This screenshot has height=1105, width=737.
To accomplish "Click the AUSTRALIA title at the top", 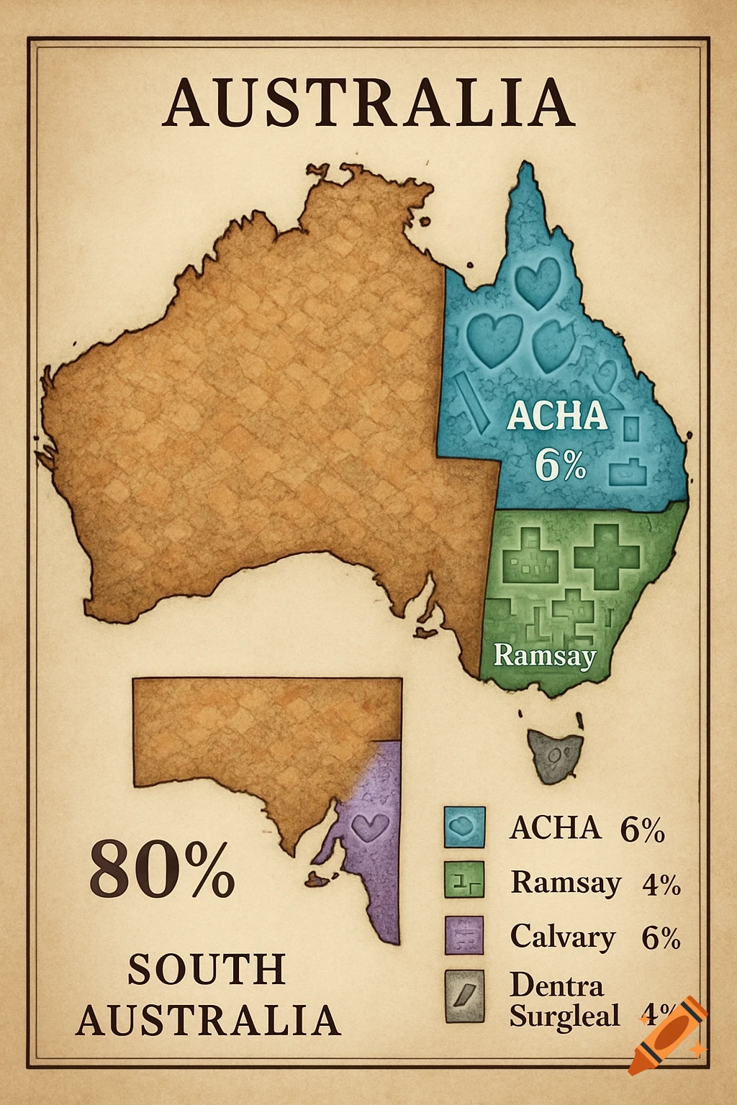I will (x=368, y=104).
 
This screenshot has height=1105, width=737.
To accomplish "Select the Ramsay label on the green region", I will (x=545, y=655).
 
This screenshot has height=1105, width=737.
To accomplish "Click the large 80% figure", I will (x=162, y=868).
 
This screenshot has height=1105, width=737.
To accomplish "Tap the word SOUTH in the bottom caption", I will (x=207, y=970).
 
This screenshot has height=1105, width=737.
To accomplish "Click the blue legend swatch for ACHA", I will (x=464, y=827).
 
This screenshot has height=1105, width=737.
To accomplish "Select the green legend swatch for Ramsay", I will (x=464, y=880).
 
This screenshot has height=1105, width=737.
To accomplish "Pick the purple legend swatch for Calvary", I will (x=464, y=935).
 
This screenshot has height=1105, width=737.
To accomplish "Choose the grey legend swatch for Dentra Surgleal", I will (x=464, y=996).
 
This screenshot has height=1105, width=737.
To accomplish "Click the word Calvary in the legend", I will (x=563, y=937).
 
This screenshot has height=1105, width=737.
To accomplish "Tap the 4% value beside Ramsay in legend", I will (x=661, y=884).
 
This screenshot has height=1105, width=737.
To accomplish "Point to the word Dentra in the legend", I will (x=556, y=984).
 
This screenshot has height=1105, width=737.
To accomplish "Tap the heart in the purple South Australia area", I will (x=371, y=827).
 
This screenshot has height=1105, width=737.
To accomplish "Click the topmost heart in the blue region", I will (x=538, y=283).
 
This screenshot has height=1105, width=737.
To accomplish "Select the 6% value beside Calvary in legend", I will (x=661, y=938).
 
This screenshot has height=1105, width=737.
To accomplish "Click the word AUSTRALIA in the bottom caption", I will (x=208, y=1020).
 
